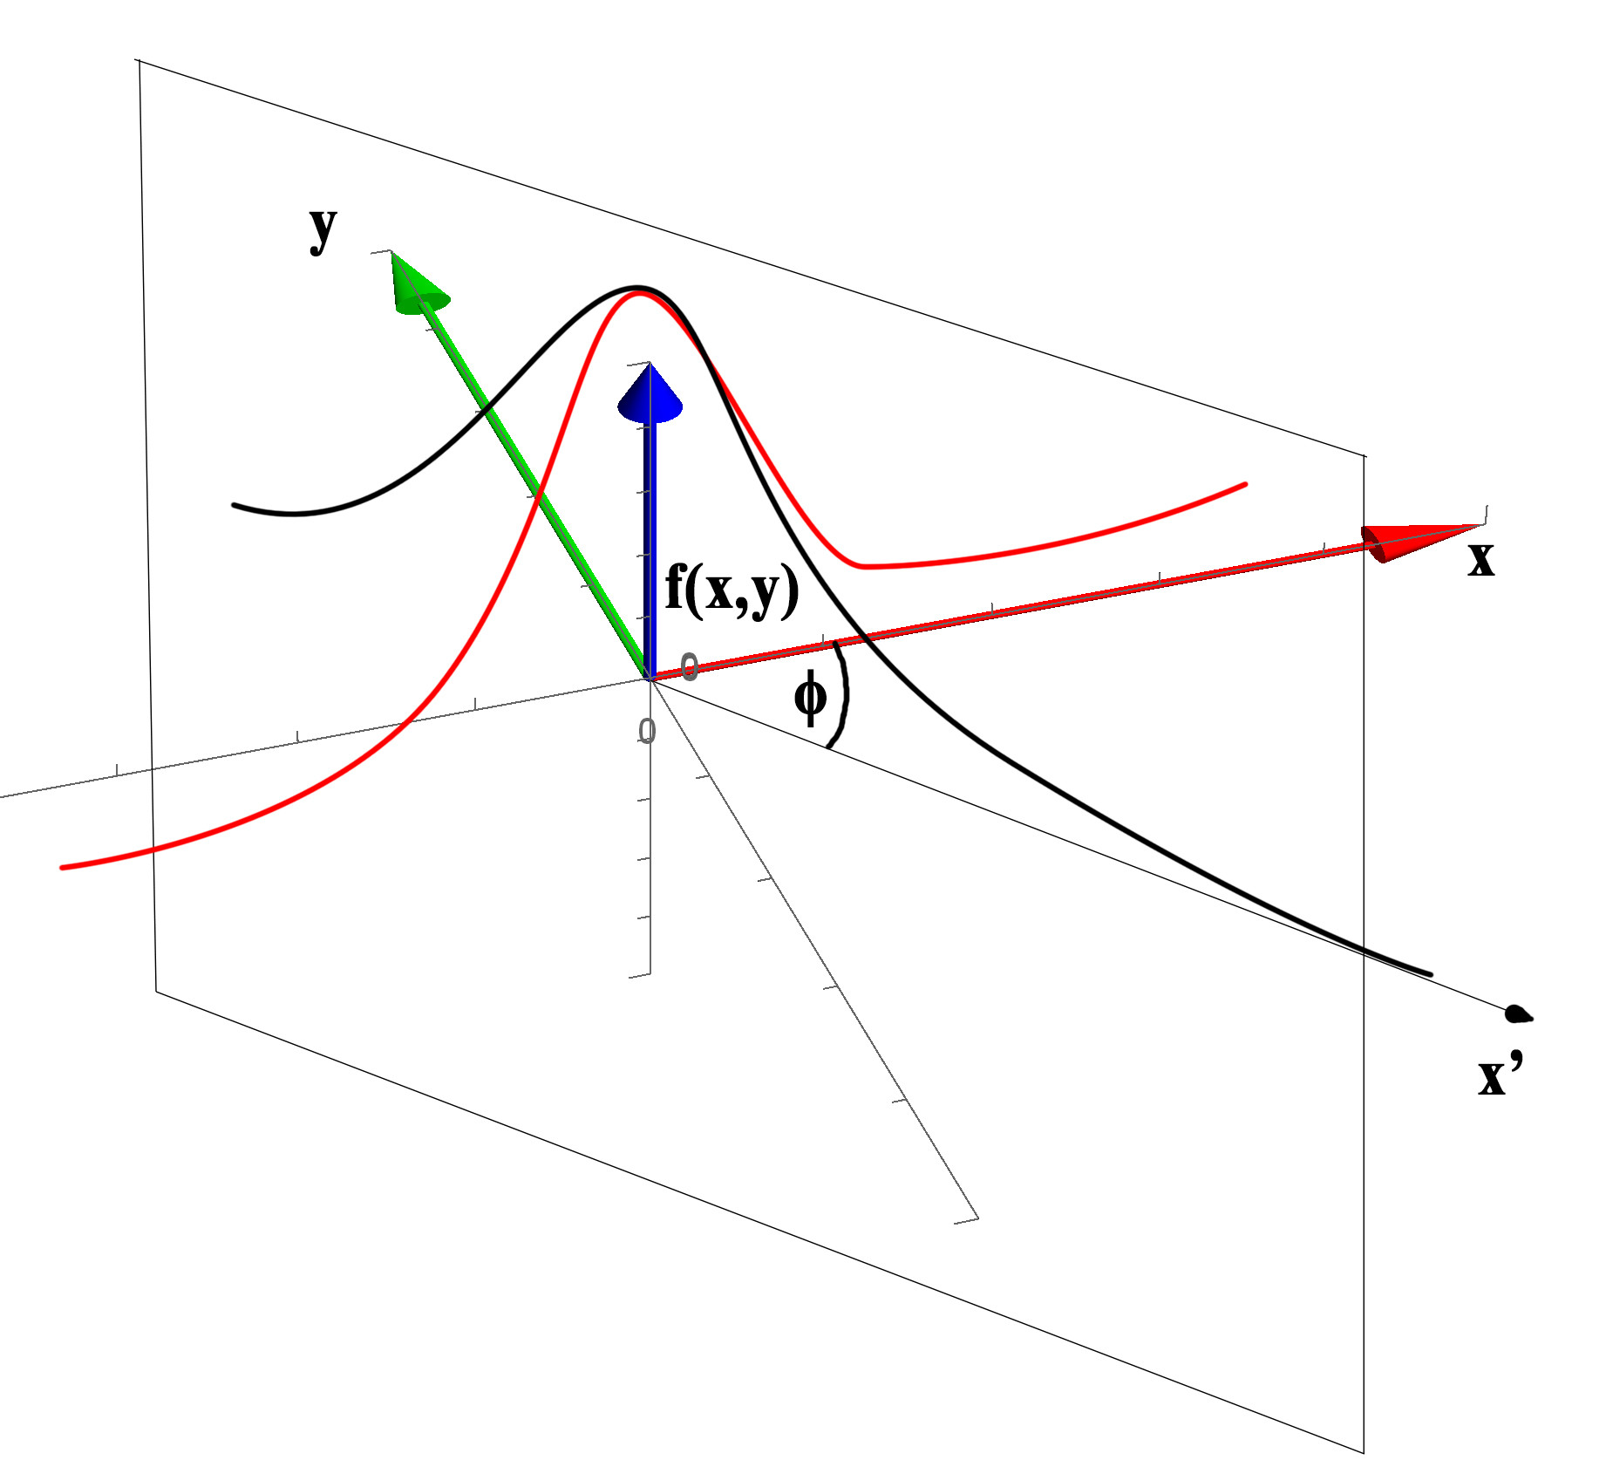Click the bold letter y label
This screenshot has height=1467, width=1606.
click(323, 230)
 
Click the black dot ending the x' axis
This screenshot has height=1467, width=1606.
click(1517, 1013)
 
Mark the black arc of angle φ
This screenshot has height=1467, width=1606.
click(843, 694)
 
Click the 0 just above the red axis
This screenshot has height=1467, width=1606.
click(689, 667)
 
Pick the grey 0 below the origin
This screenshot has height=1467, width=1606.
click(646, 731)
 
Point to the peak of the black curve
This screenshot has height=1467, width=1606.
click(639, 288)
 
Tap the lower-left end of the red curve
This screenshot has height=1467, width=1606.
click(63, 867)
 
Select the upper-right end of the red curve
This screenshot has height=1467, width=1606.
click(1244, 484)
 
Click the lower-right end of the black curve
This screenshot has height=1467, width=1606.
click(1429, 974)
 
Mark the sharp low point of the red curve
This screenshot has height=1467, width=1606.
click(860, 566)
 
